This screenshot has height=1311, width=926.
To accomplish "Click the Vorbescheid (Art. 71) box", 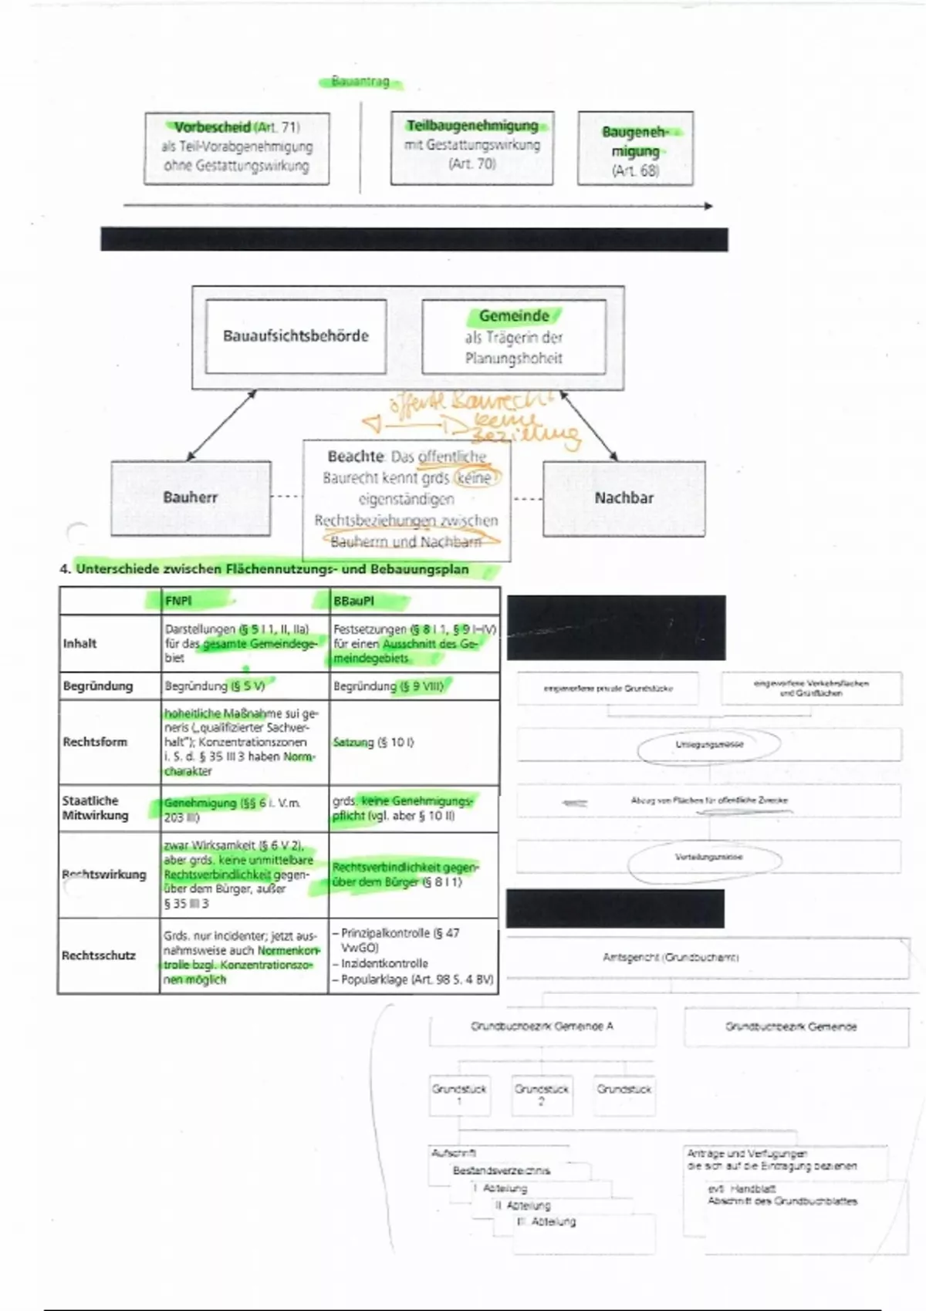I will point(237,148).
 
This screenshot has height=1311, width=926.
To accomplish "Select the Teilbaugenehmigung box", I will point(472,147).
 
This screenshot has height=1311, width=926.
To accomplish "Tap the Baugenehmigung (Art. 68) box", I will point(635,149).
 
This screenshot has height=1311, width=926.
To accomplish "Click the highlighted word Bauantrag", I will point(360,82).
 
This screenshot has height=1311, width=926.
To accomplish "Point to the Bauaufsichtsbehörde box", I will point(296,336).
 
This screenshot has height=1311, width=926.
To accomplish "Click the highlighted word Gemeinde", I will point(514,316).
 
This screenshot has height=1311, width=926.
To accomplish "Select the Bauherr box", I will point(191,497).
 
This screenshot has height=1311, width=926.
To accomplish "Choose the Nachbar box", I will point(624,498).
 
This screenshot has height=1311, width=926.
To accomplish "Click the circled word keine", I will point(475,478).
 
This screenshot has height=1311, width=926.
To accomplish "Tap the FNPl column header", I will point(178,601).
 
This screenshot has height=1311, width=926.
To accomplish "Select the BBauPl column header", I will point(353,601).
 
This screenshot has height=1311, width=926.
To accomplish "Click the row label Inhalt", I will point(80,643).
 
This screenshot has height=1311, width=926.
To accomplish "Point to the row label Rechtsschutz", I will point(99,955).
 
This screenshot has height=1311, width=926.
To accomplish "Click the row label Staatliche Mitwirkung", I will point(96,807).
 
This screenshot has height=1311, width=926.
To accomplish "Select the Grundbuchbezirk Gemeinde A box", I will point(542,1027).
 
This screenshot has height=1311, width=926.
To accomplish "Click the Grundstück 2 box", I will point(542,1094).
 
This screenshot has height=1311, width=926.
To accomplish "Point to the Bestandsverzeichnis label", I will point(502,1171).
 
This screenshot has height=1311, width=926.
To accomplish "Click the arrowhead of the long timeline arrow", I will point(708,206).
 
